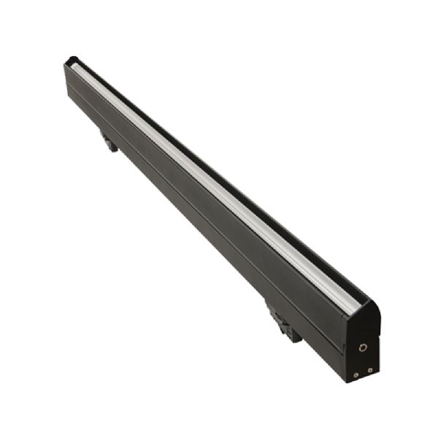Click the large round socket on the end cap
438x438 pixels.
pos(363,347)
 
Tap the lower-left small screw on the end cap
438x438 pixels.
pos(356,374)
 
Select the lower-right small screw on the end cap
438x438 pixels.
pos(370,370)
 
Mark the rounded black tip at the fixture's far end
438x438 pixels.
pos(72,60)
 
